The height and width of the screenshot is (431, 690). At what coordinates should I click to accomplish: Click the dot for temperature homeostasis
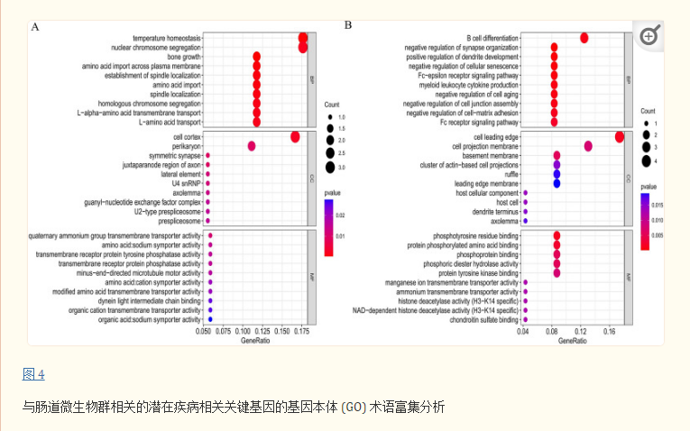303,38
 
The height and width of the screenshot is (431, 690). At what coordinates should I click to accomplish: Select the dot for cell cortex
295,136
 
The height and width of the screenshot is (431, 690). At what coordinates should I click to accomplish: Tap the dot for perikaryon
252,146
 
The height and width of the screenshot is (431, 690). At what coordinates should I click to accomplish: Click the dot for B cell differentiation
584,38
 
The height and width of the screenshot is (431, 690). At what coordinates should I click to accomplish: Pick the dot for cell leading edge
620,136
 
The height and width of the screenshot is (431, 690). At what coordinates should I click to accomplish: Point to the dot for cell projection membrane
589,146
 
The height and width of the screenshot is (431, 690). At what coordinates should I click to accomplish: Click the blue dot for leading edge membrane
557,183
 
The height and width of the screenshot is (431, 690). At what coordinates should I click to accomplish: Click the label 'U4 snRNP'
187,183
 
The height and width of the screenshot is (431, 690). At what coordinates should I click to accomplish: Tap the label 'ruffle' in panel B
510,174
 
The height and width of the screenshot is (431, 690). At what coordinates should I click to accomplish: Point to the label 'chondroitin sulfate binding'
481,319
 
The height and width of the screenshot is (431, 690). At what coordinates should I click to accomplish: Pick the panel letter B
348,24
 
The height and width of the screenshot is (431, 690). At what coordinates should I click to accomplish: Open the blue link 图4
33,374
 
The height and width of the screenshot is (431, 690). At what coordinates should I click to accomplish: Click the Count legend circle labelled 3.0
331,167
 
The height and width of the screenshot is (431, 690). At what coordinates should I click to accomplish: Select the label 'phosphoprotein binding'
489,254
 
